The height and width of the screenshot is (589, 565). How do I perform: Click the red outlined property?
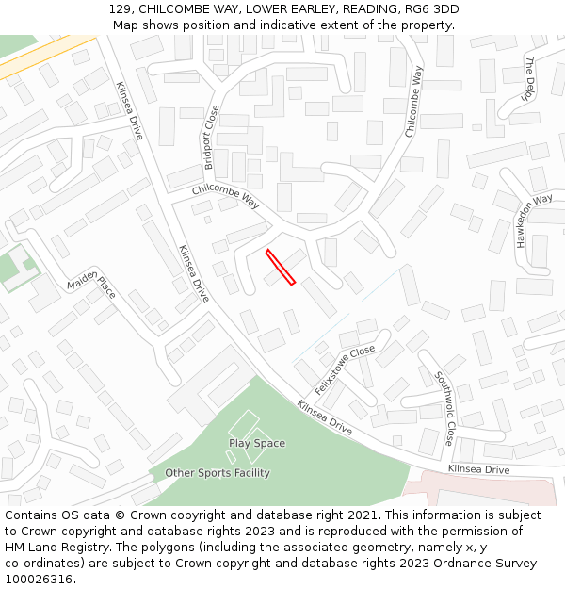pos(281,267)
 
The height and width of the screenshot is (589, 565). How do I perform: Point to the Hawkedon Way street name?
pos(534,221)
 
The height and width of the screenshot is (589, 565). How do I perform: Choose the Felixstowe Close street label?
pos(345,368)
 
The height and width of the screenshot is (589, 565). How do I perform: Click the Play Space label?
pos(256,443)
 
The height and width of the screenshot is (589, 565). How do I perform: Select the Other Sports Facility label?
pos(218,473)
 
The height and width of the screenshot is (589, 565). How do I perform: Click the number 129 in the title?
pos(119,9)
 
